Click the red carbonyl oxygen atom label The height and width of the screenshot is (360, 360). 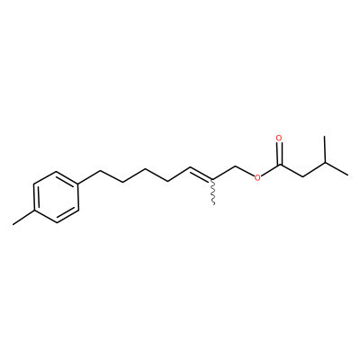[279, 139]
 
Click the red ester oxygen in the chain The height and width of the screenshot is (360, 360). [257, 177]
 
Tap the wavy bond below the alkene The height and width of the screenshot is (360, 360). [213, 193]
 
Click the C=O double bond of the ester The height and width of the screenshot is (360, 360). [280, 154]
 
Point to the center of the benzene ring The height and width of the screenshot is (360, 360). [56, 197]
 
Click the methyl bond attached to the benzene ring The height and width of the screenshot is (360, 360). [23, 218]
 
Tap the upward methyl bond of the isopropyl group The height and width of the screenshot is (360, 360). [325, 149]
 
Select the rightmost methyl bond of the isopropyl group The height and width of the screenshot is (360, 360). [337, 169]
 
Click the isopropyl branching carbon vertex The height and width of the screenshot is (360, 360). [325, 163]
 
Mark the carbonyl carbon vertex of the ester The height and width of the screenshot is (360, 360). [280, 165]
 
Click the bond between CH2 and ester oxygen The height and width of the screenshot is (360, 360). [245, 170]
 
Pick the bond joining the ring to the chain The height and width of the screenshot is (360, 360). [89, 177]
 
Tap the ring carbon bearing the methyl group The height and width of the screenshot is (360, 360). [33, 211]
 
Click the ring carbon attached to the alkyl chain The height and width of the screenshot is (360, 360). [78, 184]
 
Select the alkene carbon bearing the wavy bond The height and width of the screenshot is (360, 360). [213, 179]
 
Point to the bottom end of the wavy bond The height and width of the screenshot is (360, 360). [213, 205]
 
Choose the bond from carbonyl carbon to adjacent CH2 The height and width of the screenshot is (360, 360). [291, 170]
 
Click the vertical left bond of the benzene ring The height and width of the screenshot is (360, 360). [33, 197]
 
